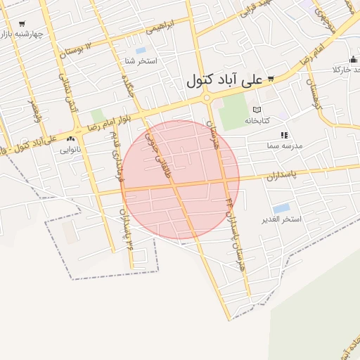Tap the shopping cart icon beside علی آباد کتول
coord(271,79)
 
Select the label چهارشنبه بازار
coord(22,34)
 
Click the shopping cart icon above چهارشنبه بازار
coord(22,24)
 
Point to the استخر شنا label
coord(140,61)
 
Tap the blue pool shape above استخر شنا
coord(141,51)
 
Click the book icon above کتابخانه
coord(257,110)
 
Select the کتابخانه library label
coord(257,120)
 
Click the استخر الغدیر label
coord(281,219)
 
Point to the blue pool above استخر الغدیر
coord(281,208)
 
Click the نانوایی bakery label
coord(70,149)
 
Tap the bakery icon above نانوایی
coord(70,139)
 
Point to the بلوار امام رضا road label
coord(106,124)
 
